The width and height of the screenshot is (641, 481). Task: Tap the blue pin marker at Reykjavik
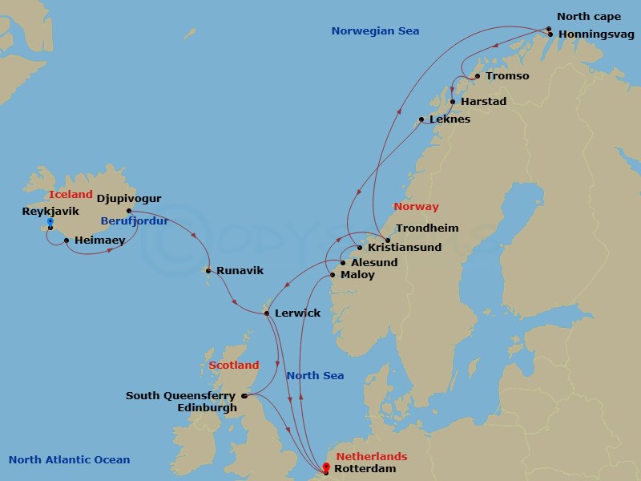(x=50, y=221)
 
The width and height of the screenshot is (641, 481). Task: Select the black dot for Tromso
(x=478, y=76)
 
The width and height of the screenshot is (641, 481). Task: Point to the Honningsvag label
(x=596, y=34)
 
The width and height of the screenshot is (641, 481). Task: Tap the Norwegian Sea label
(x=375, y=31)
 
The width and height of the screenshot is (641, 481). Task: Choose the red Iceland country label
(x=71, y=195)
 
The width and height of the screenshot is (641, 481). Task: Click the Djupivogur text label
(x=129, y=198)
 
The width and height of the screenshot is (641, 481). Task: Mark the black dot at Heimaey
(x=66, y=240)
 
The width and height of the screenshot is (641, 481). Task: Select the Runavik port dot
(x=208, y=270)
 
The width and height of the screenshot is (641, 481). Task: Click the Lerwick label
(x=297, y=313)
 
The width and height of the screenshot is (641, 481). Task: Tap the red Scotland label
(x=234, y=366)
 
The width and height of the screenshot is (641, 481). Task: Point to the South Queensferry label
(x=180, y=396)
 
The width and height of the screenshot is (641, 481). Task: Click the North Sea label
(x=315, y=376)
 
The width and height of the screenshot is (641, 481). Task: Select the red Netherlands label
(x=371, y=457)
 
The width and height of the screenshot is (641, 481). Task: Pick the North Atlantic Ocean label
(x=69, y=460)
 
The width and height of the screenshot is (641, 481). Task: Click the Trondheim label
(x=427, y=228)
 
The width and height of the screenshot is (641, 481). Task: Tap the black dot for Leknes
(x=421, y=120)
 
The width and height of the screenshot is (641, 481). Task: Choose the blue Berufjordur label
(x=134, y=221)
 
